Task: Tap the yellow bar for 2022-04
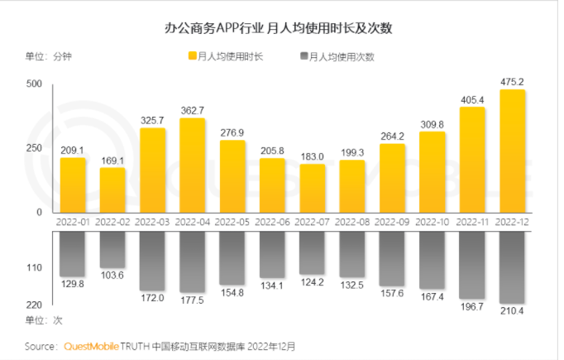pos(193,166)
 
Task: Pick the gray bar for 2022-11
pos(472,265)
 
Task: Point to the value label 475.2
pos(513,81)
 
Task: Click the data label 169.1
pos(112,160)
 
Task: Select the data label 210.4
pos(513,311)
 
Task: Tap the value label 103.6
pos(112,276)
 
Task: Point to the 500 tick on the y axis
pos(33,84)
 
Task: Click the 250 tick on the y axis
pos(33,148)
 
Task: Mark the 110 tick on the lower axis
pos(33,268)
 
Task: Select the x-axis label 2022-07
pos(313,223)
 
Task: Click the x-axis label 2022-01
pos(73,223)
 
